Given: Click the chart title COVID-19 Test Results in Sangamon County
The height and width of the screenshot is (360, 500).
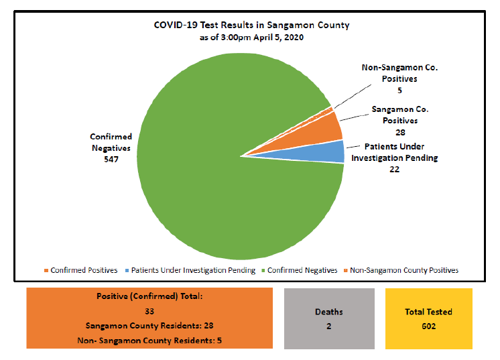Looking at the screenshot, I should (251, 25).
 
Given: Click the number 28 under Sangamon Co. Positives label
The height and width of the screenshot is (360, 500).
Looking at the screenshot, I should (400, 132).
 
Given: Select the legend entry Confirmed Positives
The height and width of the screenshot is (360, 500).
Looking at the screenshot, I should (84, 270).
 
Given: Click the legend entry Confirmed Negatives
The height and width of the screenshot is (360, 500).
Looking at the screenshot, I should (302, 270).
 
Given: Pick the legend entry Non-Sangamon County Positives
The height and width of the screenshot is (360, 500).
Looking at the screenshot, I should (404, 270).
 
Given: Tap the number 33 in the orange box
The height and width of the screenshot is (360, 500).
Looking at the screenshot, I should (149, 311).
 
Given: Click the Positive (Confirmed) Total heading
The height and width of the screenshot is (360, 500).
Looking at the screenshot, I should (149, 296).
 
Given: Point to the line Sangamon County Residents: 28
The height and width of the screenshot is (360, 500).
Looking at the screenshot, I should (149, 326).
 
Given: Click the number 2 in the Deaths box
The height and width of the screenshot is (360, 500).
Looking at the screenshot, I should (329, 326).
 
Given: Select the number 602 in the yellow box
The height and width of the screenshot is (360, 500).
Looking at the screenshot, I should (429, 326).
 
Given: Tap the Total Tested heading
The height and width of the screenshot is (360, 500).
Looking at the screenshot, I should (429, 312).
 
